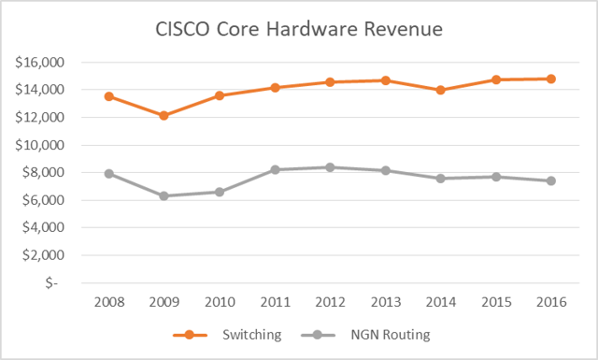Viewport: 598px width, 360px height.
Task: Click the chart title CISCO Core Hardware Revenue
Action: click(x=298, y=30)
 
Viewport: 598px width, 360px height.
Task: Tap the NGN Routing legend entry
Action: click(x=375, y=332)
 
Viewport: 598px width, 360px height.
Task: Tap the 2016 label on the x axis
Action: click(x=551, y=301)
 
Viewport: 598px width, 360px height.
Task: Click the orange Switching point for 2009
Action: click(x=164, y=115)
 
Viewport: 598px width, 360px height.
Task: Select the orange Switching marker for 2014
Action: click(x=440, y=90)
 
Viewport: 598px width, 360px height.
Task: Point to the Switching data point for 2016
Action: click(x=551, y=79)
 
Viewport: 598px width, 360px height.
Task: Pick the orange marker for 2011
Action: click(x=275, y=87)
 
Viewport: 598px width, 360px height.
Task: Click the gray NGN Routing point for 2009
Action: click(x=164, y=195)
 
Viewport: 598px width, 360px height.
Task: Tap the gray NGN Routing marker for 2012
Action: click(x=330, y=167)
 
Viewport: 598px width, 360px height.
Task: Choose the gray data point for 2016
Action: click(x=551, y=180)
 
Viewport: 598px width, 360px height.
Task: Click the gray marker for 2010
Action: click(x=219, y=192)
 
